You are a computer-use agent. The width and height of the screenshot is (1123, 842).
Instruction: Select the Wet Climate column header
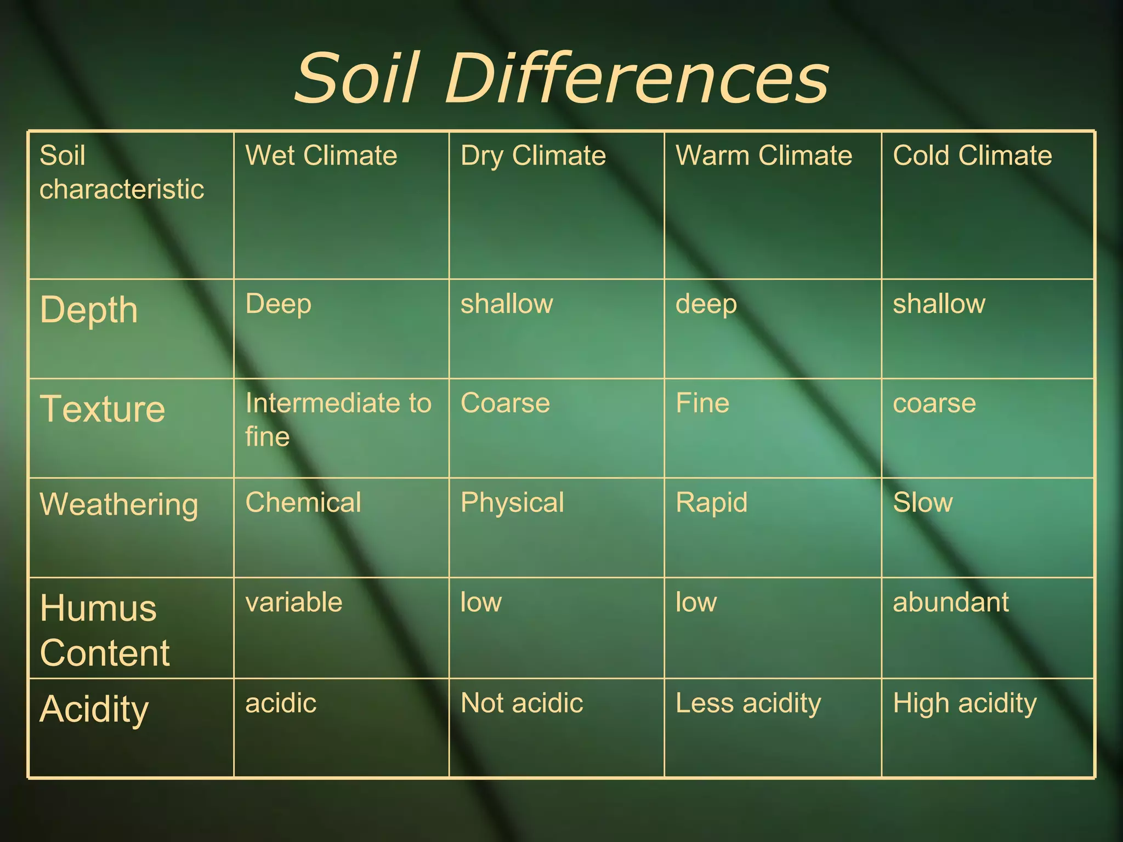coord(321,156)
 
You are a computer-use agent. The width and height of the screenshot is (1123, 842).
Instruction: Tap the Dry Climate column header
coord(533,156)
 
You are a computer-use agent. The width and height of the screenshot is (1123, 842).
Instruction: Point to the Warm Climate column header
coord(763,156)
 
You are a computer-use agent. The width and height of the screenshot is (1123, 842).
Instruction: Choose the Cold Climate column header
coord(972,156)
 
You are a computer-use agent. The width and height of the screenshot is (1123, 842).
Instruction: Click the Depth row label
coord(89,311)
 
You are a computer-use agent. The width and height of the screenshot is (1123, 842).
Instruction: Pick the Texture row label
coord(103,409)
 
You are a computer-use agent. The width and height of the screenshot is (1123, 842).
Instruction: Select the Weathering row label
coord(118,504)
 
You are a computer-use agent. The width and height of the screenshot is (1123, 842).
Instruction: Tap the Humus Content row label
coord(104,630)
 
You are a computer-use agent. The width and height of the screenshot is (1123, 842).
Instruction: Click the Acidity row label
coord(94,709)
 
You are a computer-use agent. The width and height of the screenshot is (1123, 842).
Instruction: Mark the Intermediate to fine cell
coord(338,419)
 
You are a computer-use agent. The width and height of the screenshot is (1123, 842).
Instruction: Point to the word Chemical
coord(303,503)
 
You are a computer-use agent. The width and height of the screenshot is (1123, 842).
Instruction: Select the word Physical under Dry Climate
coord(512,503)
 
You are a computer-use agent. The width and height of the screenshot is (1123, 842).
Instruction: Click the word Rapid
coord(711,503)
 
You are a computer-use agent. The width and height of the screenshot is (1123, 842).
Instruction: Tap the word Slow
coord(923,503)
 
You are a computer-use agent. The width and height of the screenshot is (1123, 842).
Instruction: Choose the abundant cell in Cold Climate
coord(951,602)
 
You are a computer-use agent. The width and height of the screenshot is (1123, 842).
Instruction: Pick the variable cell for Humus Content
coord(294,602)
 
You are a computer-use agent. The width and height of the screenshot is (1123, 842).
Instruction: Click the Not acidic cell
coord(521,703)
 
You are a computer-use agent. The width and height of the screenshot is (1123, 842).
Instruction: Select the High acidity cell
coord(965,703)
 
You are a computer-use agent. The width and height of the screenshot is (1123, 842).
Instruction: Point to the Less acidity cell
coord(748,703)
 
